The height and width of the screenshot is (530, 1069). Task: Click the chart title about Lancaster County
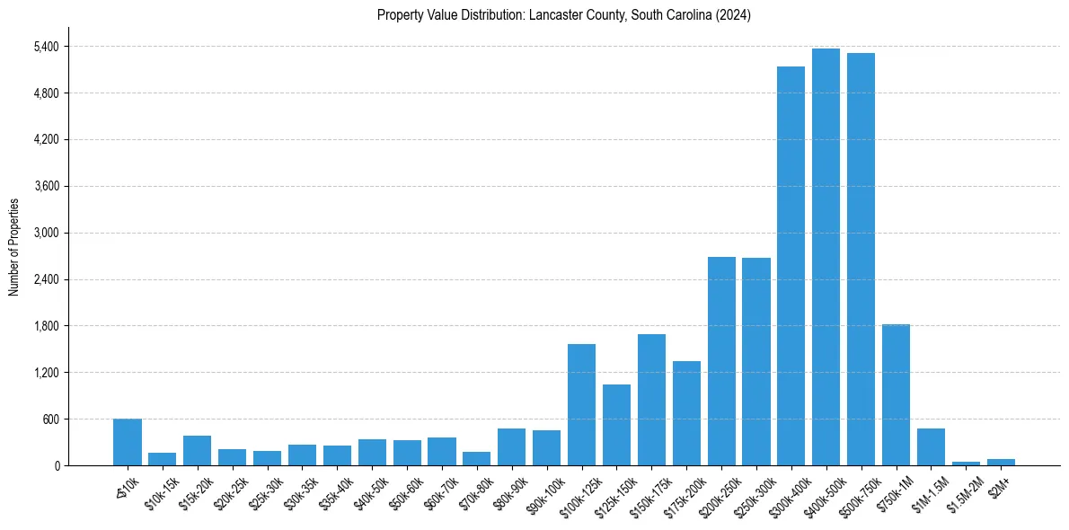tap(564, 15)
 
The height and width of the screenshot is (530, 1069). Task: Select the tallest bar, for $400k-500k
tap(826, 257)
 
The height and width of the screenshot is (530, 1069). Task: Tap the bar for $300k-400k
tap(791, 266)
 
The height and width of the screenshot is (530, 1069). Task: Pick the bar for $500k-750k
tap(861, 259)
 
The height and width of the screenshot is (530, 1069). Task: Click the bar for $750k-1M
tap(896, 395)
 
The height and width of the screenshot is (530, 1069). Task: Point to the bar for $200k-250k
tap(721, 361)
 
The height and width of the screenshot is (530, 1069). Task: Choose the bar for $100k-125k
tap(581, 404)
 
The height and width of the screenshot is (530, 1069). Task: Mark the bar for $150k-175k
tap(651, 400)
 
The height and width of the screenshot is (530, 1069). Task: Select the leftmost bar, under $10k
tap(128, 442)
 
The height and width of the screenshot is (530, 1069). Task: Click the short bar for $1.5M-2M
tap(966, 463)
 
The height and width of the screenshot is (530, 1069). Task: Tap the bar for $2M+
tap(1001, 462)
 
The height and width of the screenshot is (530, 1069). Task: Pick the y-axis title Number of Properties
tap(14, 247)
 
